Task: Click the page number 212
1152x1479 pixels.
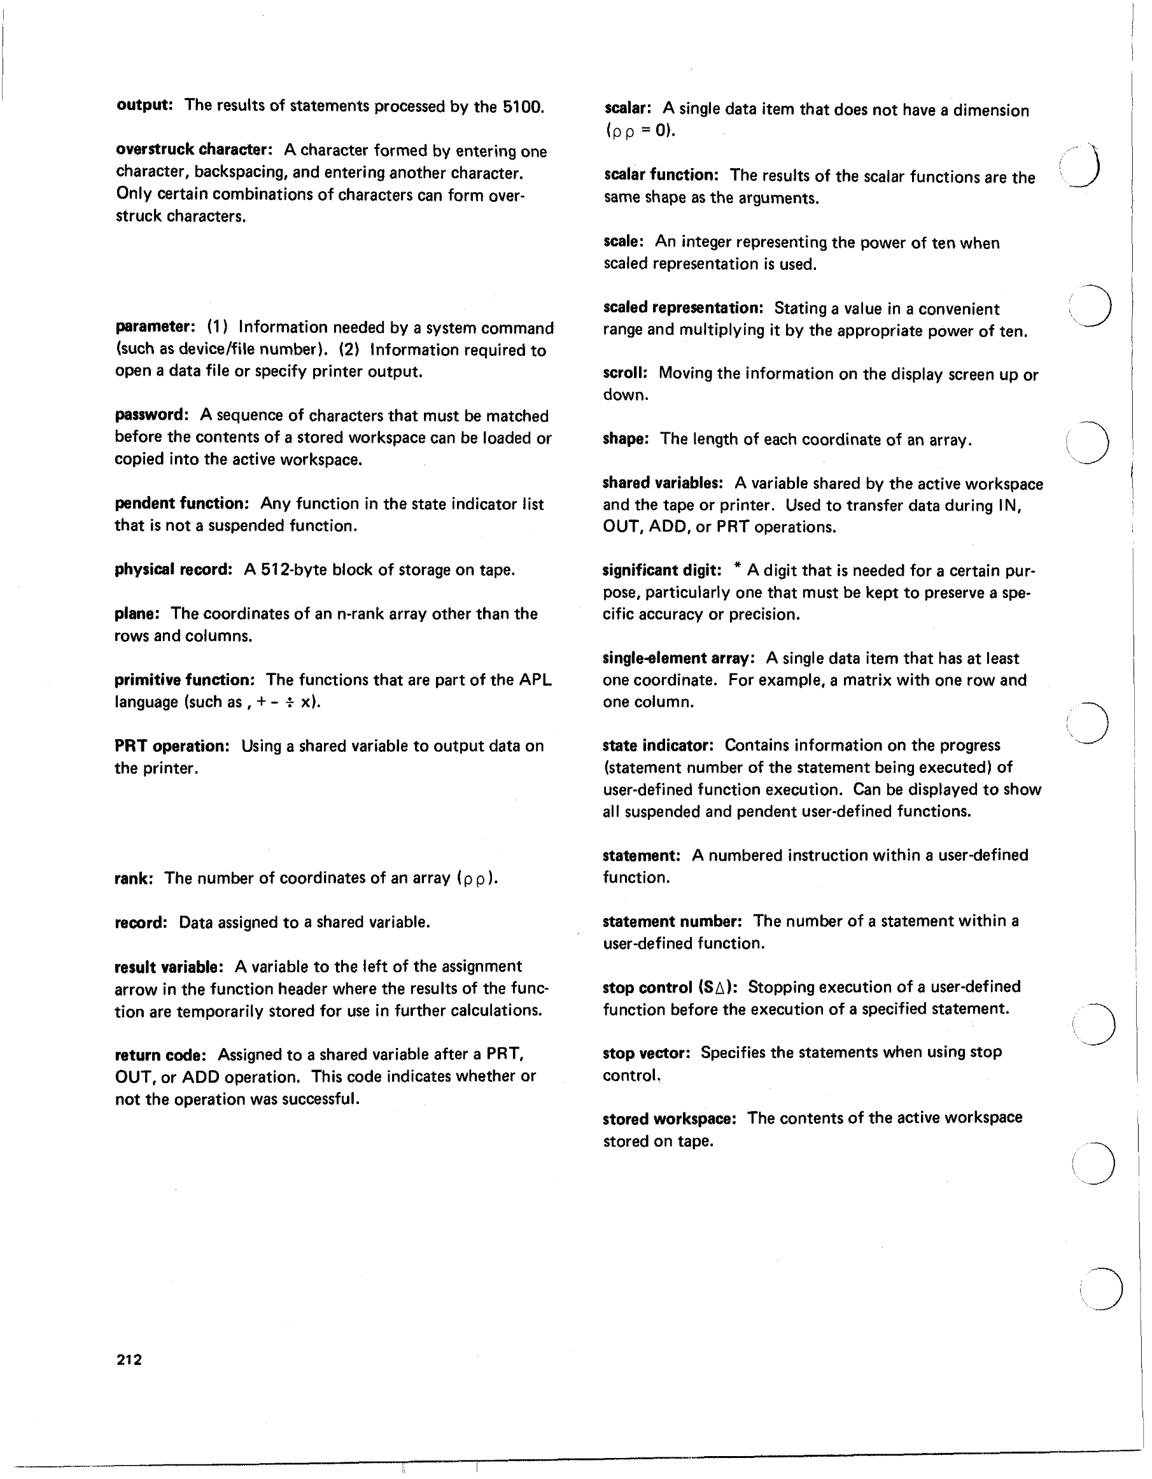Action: pyautogui.click(x=129, y=1359)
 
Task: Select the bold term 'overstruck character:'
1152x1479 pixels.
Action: pyautogui.click(x=193, y=150)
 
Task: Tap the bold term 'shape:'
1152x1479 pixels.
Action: pyautogui.click(x=626, y=439)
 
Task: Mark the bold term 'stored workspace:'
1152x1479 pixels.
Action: pyautogui.click(x=669, y=1119)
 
